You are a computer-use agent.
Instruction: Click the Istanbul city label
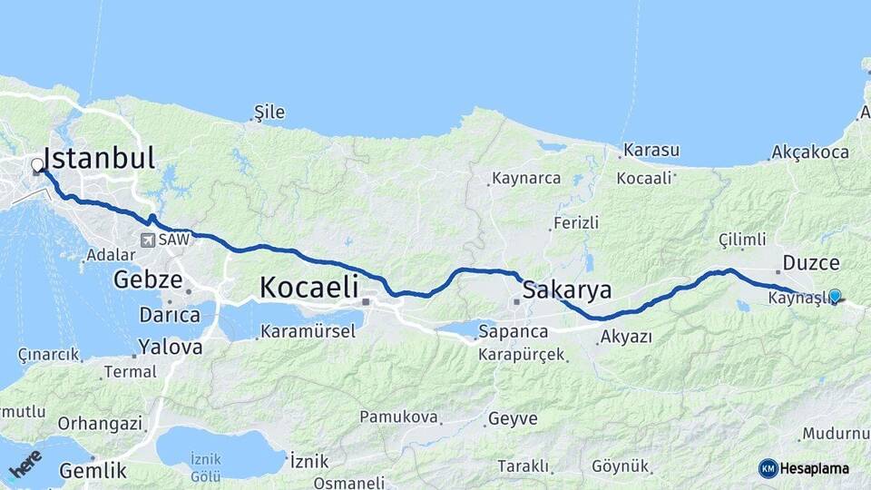[100, 158]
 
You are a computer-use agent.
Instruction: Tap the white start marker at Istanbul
[37, 166]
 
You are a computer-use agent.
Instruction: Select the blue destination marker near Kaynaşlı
[835, 295]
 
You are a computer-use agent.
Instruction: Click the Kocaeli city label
[308, 287]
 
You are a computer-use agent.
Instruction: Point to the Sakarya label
[568, 290]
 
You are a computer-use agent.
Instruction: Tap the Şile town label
[269, 113]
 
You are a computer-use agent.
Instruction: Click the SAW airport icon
[147, 240]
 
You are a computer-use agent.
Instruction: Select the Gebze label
[148, 279]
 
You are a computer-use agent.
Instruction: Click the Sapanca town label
[514, 331]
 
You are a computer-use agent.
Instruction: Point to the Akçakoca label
[810, 152]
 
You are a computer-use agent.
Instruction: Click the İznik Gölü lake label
[206, 467]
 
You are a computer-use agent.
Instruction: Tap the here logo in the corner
[25, 463]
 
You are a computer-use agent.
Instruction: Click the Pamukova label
[399, 417]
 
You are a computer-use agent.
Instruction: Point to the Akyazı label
[626, 338]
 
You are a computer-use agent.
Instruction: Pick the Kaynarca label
[526, 178]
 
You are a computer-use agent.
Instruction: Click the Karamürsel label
[308, 331]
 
